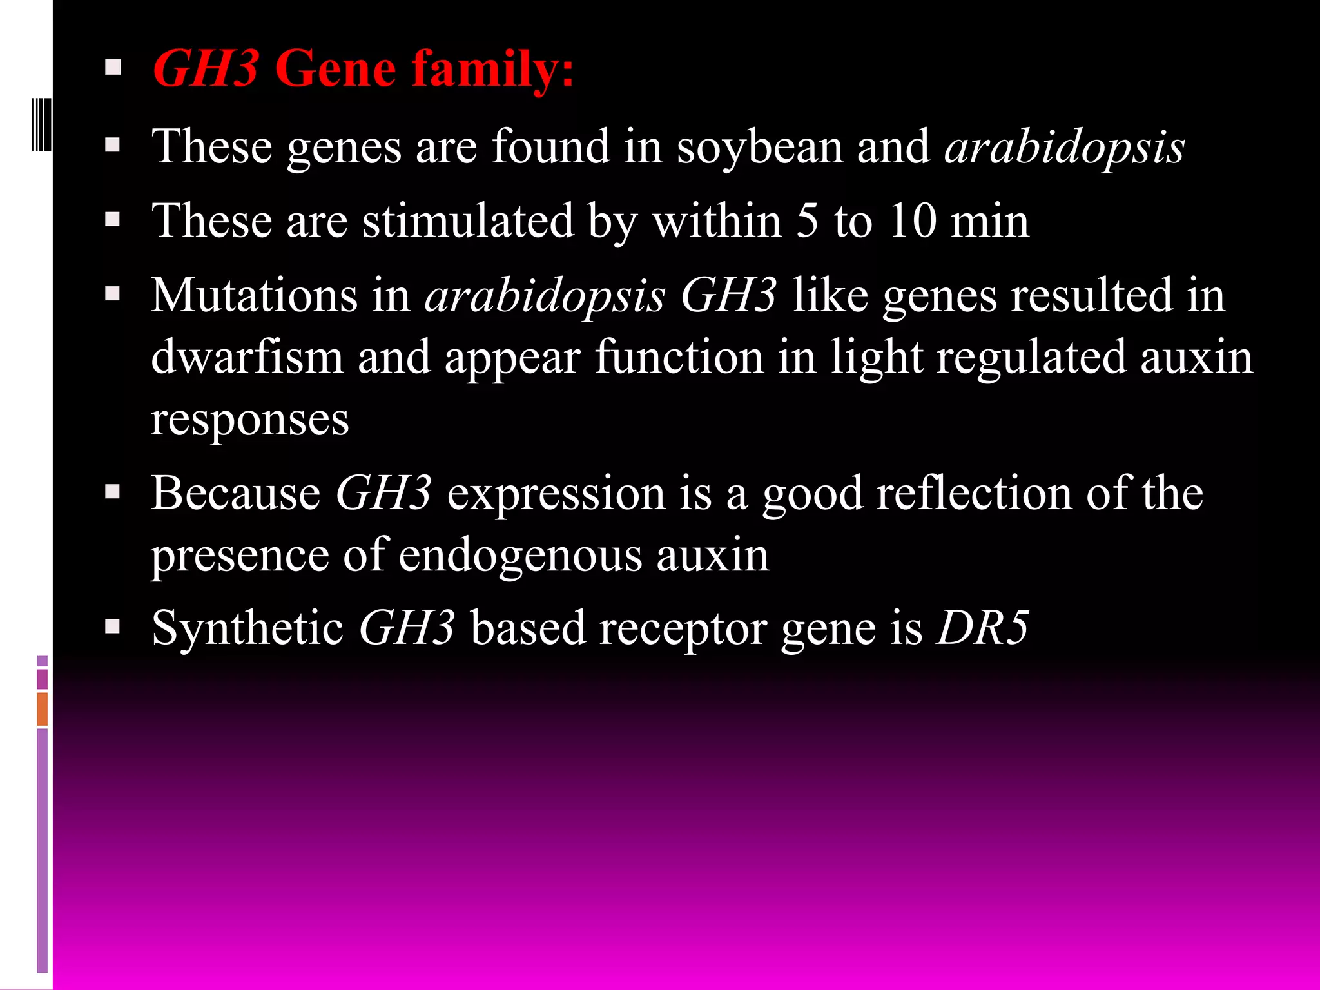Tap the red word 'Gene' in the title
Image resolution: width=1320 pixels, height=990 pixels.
335,69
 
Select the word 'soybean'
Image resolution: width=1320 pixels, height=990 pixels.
759,148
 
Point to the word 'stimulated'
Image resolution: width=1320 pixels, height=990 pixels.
467,221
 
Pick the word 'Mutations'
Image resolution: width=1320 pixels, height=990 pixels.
254,296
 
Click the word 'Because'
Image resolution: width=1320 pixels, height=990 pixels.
236,494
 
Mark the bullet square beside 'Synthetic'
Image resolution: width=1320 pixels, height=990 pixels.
113,627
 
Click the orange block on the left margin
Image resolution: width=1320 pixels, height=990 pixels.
43,708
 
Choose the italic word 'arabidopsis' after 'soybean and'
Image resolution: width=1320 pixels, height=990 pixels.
1064,148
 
